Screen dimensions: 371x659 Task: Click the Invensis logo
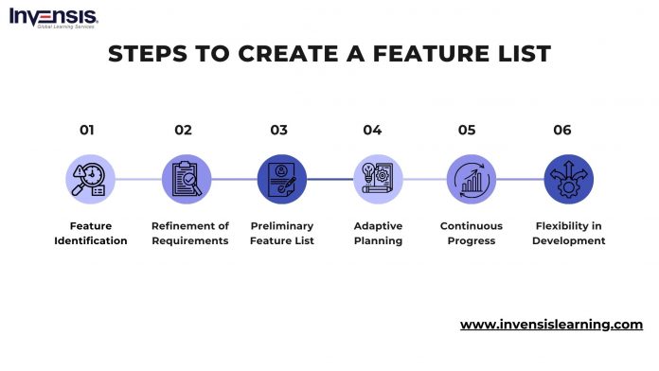click(x=53, y=18)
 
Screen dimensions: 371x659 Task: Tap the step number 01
click(x=87, y=131)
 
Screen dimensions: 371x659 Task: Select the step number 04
click(x=372, y=131)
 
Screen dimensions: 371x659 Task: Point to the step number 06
click(x=562, y=131)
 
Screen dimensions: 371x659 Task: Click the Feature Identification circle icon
click(x=91, y=179)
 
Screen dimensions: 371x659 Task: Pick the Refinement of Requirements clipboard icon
click(x=186, y=179)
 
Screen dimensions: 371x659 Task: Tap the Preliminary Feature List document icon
click(x=281, y=179)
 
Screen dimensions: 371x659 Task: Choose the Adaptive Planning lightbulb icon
click(x=378, y=179)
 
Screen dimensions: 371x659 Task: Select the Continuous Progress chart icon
click(x=472, y=179)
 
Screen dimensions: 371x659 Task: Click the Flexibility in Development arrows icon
click(x=569, y=179)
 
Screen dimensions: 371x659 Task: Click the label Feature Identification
click(x=91, y=234)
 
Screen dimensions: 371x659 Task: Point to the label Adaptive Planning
click(x=378, y=234)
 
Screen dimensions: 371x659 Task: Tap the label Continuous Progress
click(x=472, y=234)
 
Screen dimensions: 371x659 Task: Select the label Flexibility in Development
click(x=568, y=234)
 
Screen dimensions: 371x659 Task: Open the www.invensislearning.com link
click(x=551, y=325)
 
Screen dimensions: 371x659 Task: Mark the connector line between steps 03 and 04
click(x=329, y=179)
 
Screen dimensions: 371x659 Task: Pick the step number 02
click(x=183, y=131)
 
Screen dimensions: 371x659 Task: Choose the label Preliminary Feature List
click(x=281, y=234)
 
